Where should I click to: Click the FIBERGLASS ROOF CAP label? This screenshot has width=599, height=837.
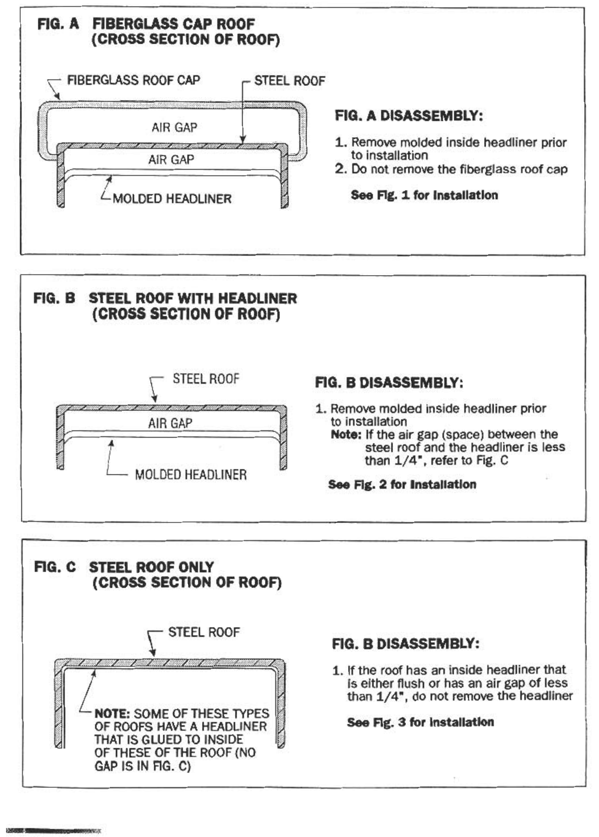tap(133, 80)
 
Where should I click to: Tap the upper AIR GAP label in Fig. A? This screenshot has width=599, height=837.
tap(174, 127)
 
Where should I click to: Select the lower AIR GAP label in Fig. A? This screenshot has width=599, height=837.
tap(171, 159)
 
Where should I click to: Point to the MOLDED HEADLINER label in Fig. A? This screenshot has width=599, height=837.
tap(172, 199)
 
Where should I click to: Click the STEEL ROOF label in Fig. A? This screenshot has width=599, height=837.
tap(290, 81)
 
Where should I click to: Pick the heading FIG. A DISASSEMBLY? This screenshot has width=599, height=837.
tap(409, 116)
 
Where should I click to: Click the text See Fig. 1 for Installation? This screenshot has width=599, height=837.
tap(424, 195)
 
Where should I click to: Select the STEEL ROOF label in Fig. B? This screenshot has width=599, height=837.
tap(206, 379)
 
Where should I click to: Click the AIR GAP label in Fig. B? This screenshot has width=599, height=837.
tap(170, 423)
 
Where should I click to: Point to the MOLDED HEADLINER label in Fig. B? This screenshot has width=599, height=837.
tap(191, 474)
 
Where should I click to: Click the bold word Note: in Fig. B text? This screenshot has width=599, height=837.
tap(346, 435)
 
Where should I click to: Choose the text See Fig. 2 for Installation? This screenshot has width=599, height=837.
tap(402, 485)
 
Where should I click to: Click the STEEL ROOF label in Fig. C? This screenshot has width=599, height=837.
tap(204, 632)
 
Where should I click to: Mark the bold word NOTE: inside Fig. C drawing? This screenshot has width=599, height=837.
tap(112, 714)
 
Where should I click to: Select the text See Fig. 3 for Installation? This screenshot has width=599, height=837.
tap(420, 722)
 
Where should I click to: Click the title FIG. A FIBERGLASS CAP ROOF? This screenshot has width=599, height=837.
tap(146, 24)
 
